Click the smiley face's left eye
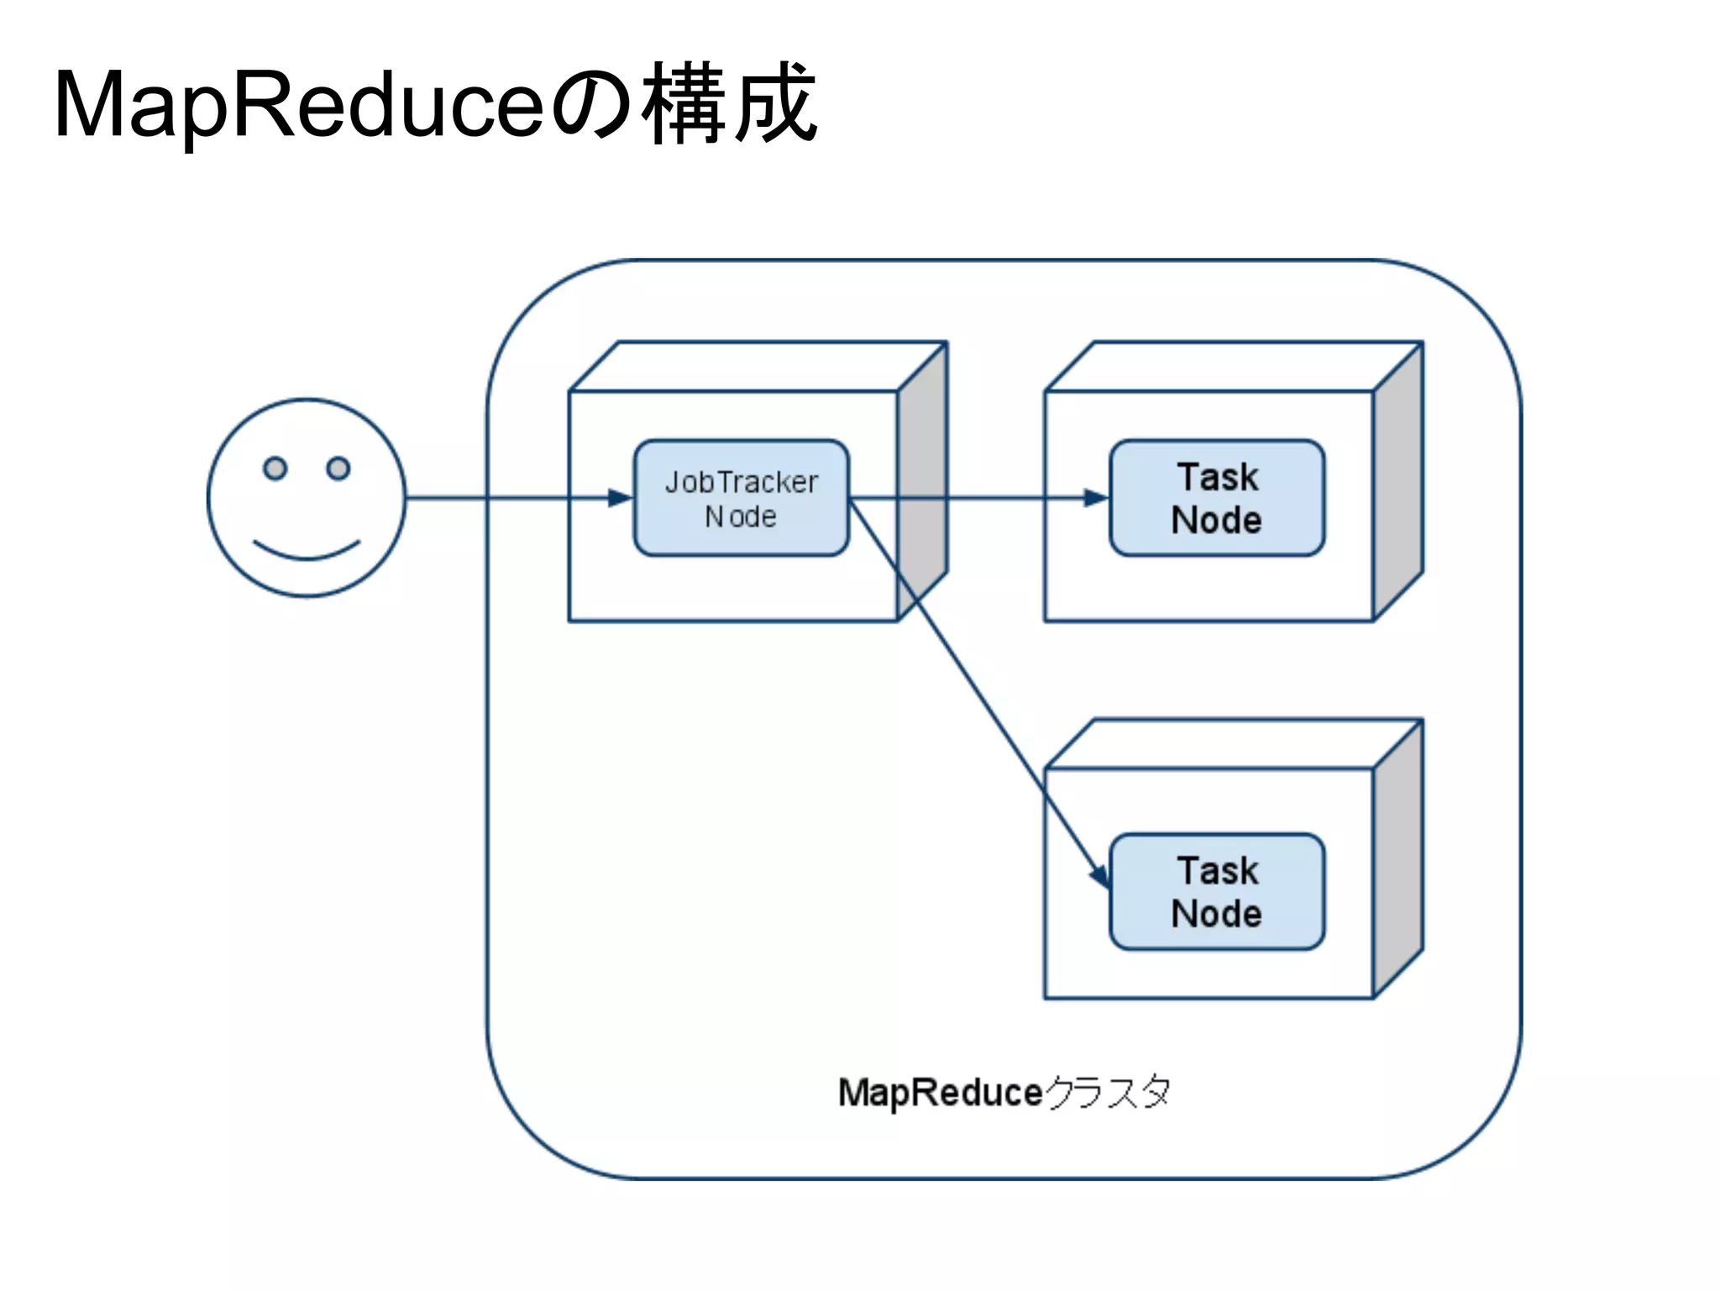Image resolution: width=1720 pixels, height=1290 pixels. (275, 468)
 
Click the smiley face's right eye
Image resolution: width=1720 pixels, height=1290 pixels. (338, 468)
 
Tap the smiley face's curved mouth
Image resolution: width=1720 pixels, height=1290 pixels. (307, 551)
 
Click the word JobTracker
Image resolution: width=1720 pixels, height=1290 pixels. (741, 482)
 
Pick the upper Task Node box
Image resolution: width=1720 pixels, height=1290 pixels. (1216, 498)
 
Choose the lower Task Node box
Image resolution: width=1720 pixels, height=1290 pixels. (1216, 892)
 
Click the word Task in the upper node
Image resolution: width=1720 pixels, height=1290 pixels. (1217, 477)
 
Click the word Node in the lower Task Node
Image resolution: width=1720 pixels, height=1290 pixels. (1216, 914)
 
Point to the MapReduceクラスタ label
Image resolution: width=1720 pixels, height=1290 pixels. (1004, 1093)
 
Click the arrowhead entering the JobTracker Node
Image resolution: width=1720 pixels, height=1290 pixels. (621, 498)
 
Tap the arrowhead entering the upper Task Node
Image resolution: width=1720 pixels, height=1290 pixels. (1096, 498)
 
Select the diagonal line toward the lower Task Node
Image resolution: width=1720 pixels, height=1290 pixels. (974, 689)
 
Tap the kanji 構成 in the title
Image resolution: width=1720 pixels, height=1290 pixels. (729, 105)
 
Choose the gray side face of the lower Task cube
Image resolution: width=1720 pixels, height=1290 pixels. (1398, 858)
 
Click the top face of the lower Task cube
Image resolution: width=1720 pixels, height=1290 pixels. (1233, 744)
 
